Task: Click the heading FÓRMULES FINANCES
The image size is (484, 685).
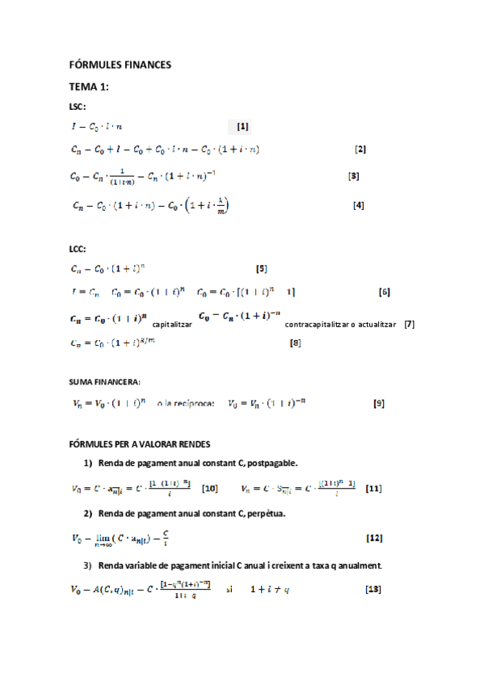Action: tap(120, 65)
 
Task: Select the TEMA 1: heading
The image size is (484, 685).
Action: tap(89, 86)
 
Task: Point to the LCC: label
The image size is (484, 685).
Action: tap(78, 249)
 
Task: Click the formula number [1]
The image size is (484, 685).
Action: tap(242, 126)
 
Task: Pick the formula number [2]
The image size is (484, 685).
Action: tap(361, 149)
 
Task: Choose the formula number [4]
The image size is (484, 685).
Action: tap(360, 205)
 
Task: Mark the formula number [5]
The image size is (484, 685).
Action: tap(261, 268)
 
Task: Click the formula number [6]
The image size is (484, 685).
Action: tap(385, 291)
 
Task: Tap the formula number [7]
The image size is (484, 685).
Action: tap(410, 324)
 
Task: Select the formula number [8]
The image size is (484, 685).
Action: tap(296, 343)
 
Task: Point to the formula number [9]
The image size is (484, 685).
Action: tap(378, 403)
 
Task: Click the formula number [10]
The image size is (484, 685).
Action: tap(210, 488)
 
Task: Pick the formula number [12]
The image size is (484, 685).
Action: tap(374, 538)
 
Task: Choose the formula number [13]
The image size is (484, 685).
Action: tap(373, 589)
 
